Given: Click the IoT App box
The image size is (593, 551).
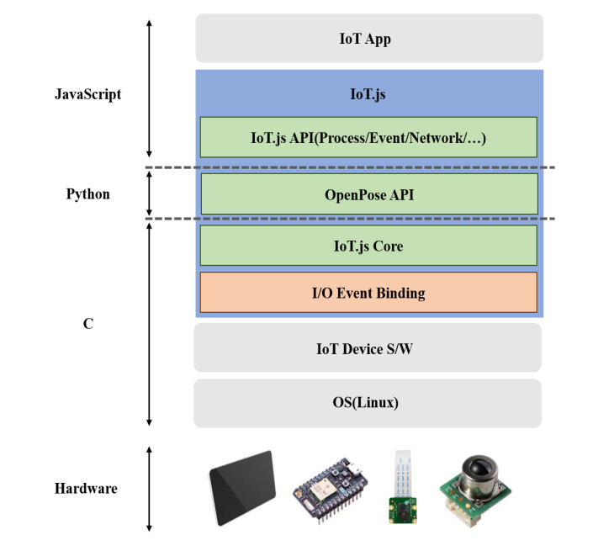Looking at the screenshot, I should [x=369, y=38].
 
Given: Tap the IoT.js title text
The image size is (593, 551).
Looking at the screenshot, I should [x=368, y=94].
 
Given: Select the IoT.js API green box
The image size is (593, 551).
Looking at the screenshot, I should [x=368, y=137].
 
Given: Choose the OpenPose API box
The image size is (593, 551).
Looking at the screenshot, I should [x=368, y=194].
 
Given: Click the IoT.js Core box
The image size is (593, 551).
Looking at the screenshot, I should [x=368, y=246].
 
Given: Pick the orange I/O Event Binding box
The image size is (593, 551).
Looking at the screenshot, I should [x=368, y=293].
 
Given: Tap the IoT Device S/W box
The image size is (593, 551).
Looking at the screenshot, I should [x=368, y=347].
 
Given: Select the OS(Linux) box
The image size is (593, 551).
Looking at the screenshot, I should [x=368, y=402].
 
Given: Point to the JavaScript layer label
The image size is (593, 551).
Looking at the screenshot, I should [x=87, y=94].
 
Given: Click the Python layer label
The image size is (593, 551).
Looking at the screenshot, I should [x=87, y=194].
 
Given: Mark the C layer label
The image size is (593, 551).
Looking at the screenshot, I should [x=87, y=323].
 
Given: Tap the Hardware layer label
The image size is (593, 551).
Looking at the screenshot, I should [x=86, y=489].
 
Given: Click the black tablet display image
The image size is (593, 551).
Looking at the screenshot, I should [x=243, y=485].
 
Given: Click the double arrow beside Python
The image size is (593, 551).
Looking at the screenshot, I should [x=149, y=194].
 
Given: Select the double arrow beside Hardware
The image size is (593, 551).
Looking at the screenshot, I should [x=149, y=489].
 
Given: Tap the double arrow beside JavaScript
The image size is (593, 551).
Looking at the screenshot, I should [x=149, y=87].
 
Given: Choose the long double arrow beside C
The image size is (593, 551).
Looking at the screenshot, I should [x=149, y=323].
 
